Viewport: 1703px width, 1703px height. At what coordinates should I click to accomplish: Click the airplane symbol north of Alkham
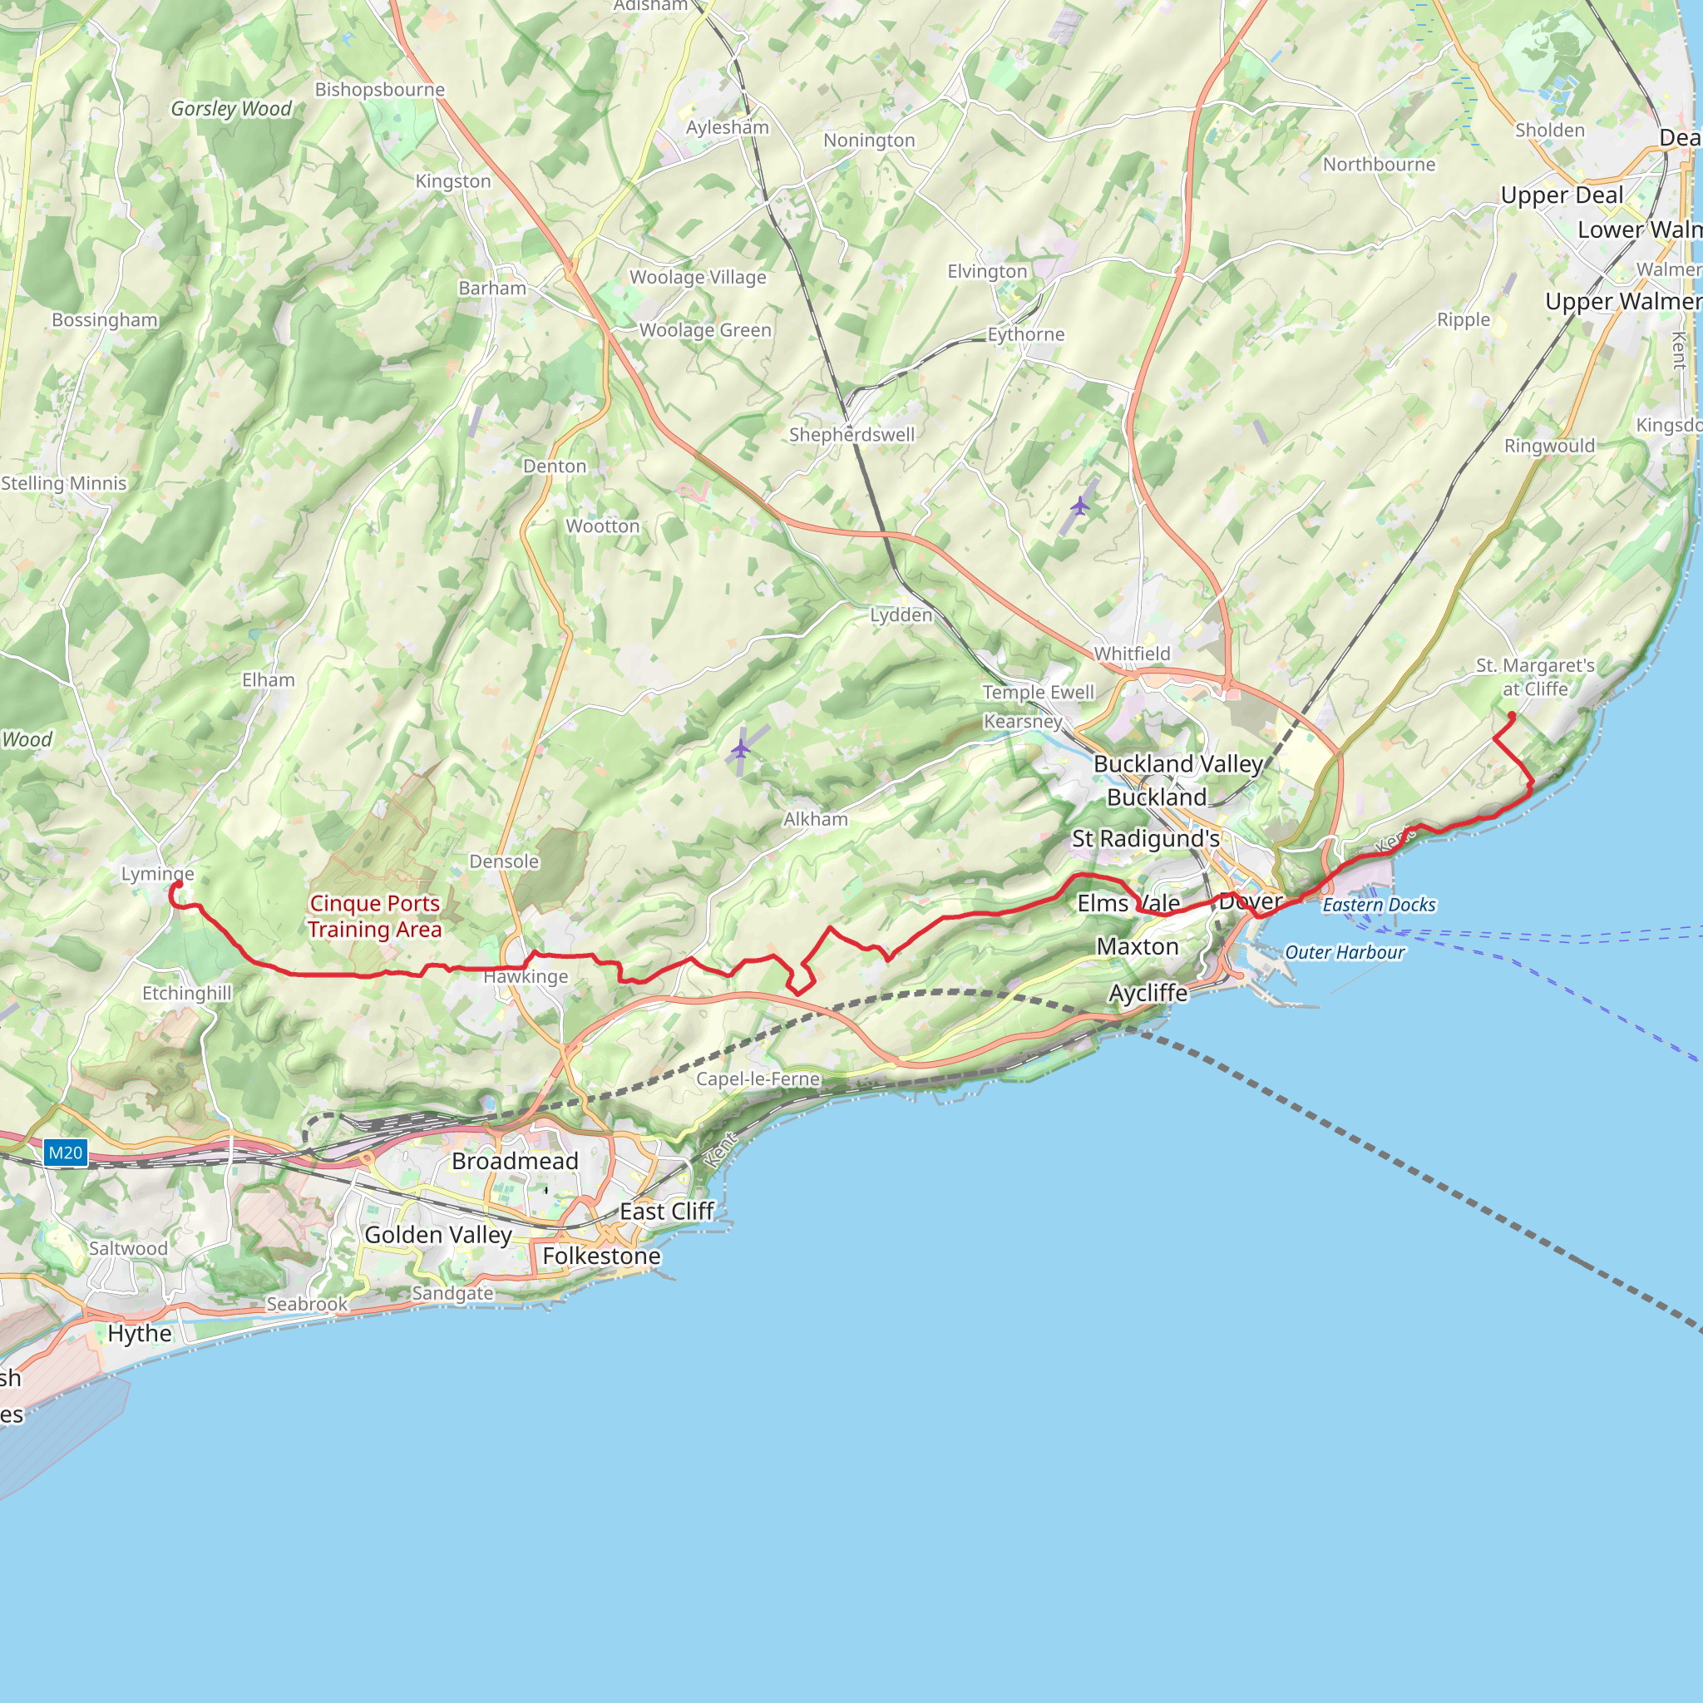740,749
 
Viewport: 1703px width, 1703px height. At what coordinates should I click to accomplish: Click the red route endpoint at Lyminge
177,884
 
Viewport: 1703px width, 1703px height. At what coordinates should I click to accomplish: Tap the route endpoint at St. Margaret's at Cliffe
1512,715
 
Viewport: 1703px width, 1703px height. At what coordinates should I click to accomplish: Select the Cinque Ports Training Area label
375,916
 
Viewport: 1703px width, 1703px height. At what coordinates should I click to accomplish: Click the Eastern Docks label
1379,905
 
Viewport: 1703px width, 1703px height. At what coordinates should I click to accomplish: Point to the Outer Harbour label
1345,952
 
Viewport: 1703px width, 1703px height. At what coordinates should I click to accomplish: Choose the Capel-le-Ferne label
758,1079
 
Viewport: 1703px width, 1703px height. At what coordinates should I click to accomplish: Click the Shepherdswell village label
851,435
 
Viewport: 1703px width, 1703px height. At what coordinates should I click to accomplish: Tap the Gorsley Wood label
231,108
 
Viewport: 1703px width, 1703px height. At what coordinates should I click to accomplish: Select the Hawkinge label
526,977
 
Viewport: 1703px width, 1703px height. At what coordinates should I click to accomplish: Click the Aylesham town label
728,127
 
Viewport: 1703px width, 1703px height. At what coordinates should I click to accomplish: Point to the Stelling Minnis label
63,483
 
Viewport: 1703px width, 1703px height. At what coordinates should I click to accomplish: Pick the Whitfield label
1132,653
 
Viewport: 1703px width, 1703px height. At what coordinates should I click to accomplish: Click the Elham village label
269,679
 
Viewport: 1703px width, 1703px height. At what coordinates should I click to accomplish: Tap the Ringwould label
1550,445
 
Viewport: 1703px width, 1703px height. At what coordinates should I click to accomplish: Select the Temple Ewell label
1039,692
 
